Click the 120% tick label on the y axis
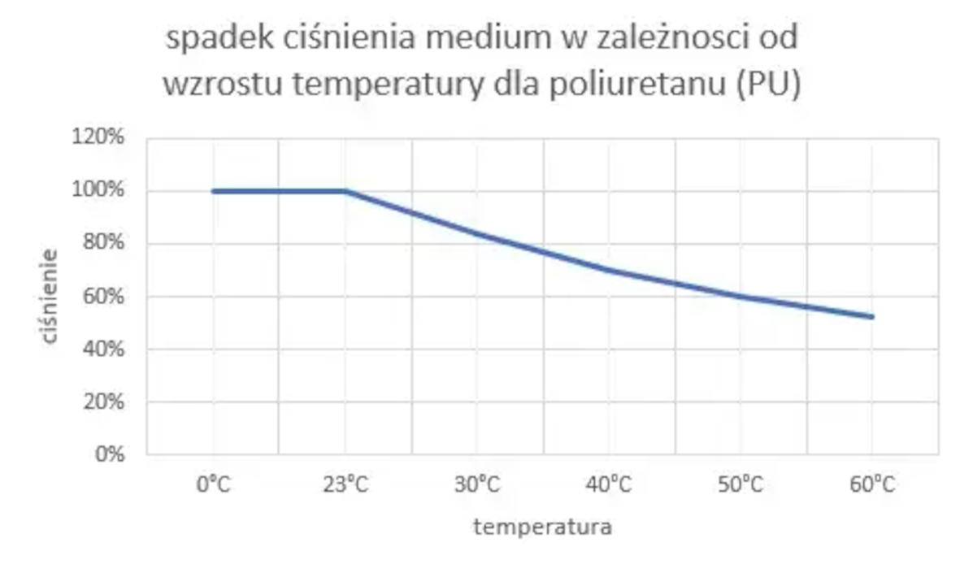101,137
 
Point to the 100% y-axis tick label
101,190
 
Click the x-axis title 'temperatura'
542,527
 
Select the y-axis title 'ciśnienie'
50,296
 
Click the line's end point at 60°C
871,316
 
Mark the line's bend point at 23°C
345,191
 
